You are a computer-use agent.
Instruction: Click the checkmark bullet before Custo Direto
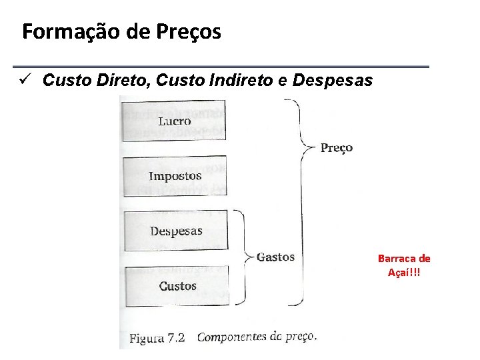click(x=26, y=81)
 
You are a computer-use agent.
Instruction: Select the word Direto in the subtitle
click(x=129, y=81)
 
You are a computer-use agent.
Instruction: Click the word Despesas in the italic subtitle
click(x=333, y=81)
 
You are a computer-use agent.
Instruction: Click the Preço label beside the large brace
click(x=337, y=147)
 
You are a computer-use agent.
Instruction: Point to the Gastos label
click(x=275, y=257)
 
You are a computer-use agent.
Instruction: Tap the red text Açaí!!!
click(x=404, y=272)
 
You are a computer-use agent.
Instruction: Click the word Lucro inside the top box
click(x=175, y=121)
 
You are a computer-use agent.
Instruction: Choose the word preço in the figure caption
click(x=298, y=337)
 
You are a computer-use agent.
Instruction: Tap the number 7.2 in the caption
click(x=175, y=338)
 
